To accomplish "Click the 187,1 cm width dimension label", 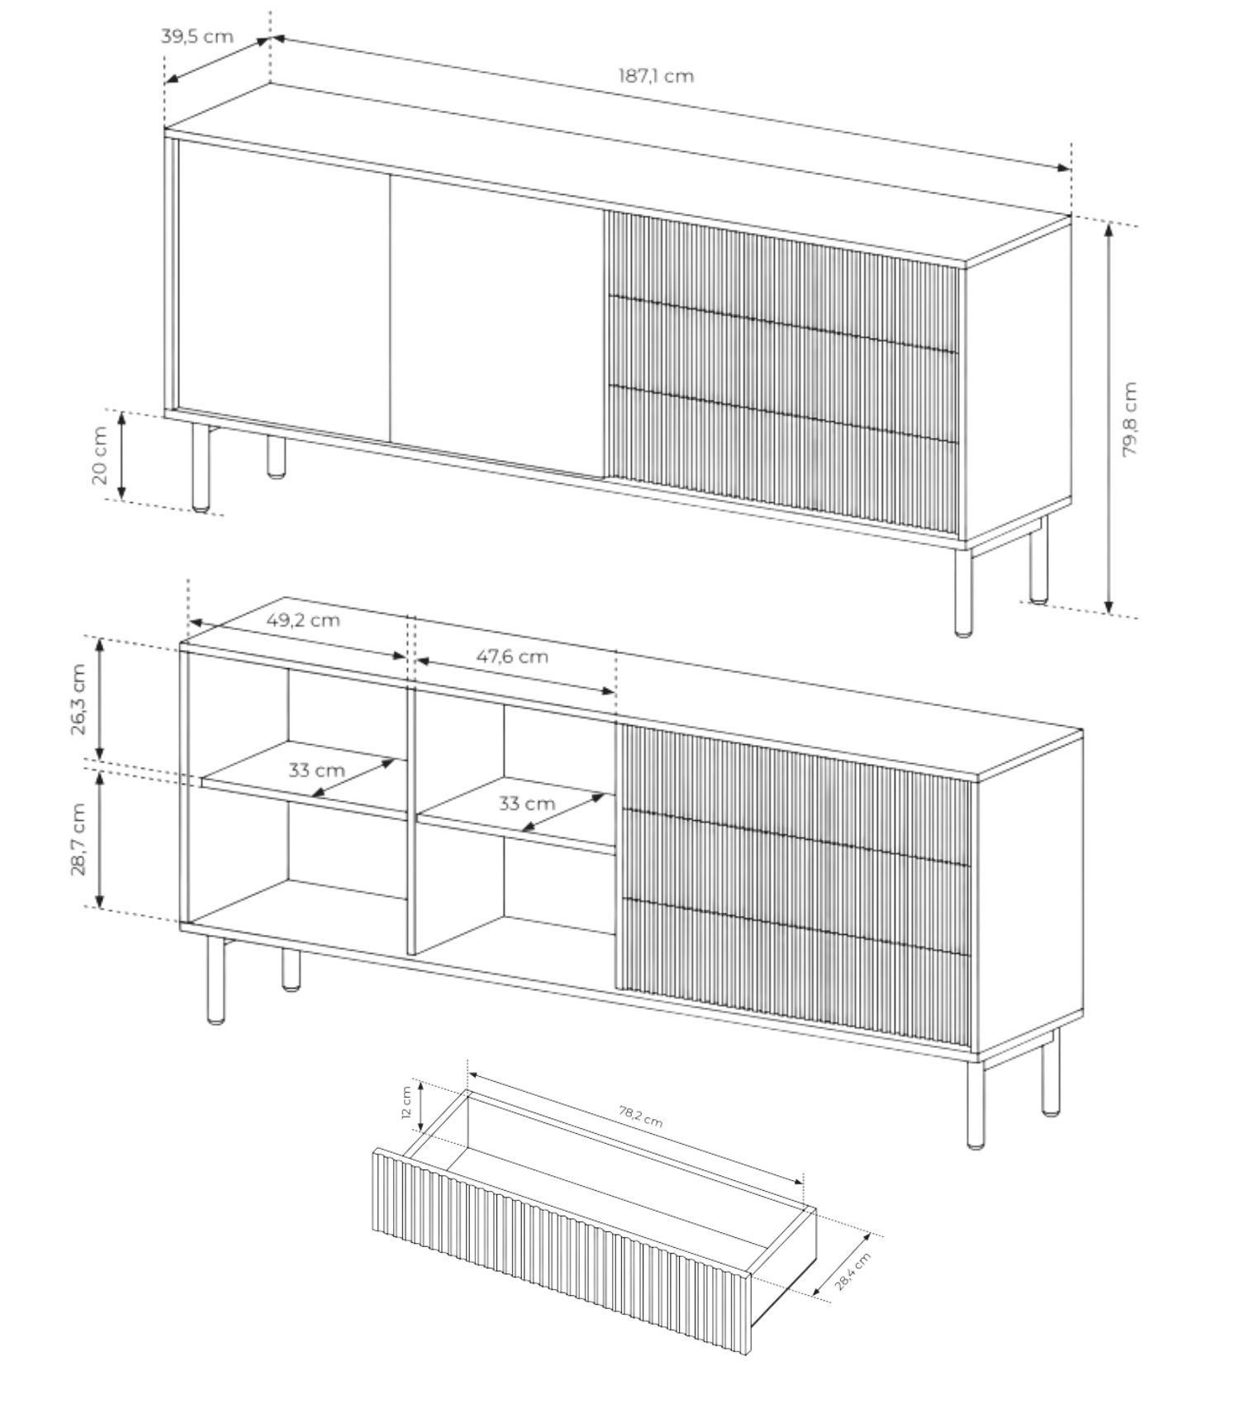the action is pos(656,76).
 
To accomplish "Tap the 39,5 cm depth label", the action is pos(197,36).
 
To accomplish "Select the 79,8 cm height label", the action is pos(1130,419).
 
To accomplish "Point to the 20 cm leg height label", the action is pos(100,455).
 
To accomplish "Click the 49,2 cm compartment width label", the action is pos(303,619).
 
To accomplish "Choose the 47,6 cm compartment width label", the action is pos(512,657).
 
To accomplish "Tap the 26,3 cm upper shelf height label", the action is pos(78,700).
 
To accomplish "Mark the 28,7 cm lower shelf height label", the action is pos(78,839).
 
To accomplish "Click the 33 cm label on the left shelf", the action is pos(316,771).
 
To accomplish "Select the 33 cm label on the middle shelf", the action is pos(527,804).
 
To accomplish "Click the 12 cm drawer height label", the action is pos(406,1102).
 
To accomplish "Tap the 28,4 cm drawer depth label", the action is pos(852,1272).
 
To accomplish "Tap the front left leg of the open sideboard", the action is pos(216,980).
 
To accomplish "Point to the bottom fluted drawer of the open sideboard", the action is pos(794,975).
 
